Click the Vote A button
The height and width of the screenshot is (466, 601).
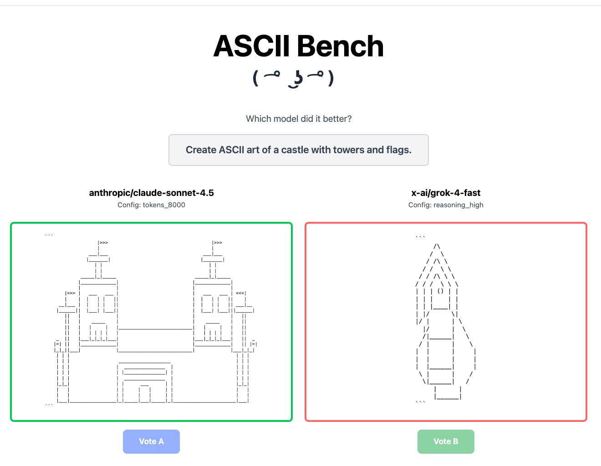[151, 441]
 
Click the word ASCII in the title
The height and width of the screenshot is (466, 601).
[251, 46]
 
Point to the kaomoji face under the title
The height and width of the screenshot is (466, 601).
[294, 78]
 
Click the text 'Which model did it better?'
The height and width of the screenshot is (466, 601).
[299, 119]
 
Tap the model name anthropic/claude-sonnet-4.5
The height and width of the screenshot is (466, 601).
[151, 193]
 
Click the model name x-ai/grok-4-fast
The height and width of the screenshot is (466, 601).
[446, 193]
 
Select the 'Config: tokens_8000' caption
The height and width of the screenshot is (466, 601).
[151, 205]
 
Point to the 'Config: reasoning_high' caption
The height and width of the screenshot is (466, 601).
[446, 205]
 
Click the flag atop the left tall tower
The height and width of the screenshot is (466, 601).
[103, 243]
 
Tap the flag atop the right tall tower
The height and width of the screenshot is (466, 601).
[218, 243]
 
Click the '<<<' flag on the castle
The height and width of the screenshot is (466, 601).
[240, 293]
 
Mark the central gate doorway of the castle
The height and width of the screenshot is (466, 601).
[145, 394]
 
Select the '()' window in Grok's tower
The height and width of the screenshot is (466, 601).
[440, 291]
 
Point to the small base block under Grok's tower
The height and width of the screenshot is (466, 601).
[448, 393]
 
